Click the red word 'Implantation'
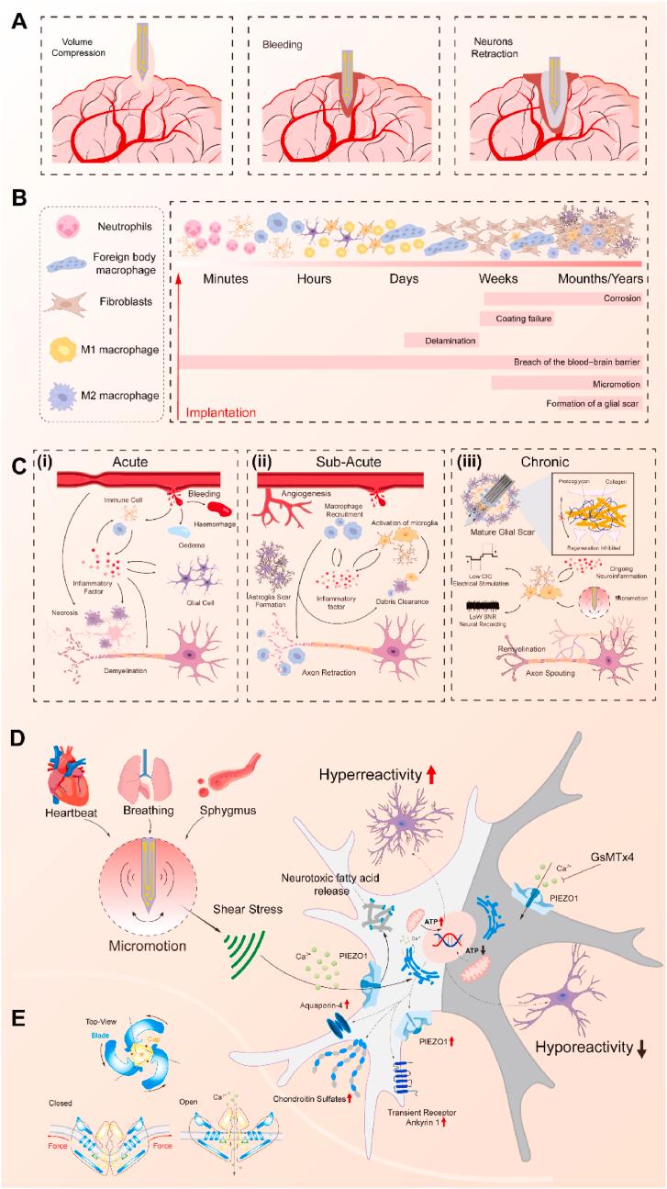[x=220, y=413]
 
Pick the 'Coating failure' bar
[x=516, y=319]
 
